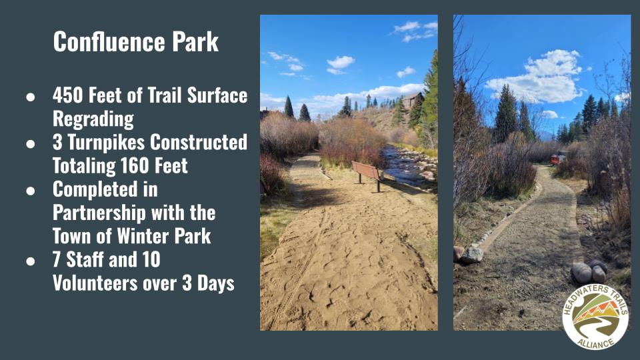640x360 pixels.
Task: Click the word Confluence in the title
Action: [x=109, y=41]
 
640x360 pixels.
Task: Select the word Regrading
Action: [x=93, y=119]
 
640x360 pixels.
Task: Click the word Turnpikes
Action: [x=106, y=143]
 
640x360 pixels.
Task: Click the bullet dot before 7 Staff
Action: [x=31, y=261]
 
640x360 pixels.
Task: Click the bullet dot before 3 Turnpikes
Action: [x=31, y=144]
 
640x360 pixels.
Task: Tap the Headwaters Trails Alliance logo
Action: [x=595, y=317]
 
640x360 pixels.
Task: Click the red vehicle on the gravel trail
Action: [x=558, y=157]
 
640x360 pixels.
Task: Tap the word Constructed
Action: [x=199, y=143]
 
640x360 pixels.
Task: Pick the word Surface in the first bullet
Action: [x=217, y=95]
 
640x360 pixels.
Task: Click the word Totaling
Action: [x=84, y=167]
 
